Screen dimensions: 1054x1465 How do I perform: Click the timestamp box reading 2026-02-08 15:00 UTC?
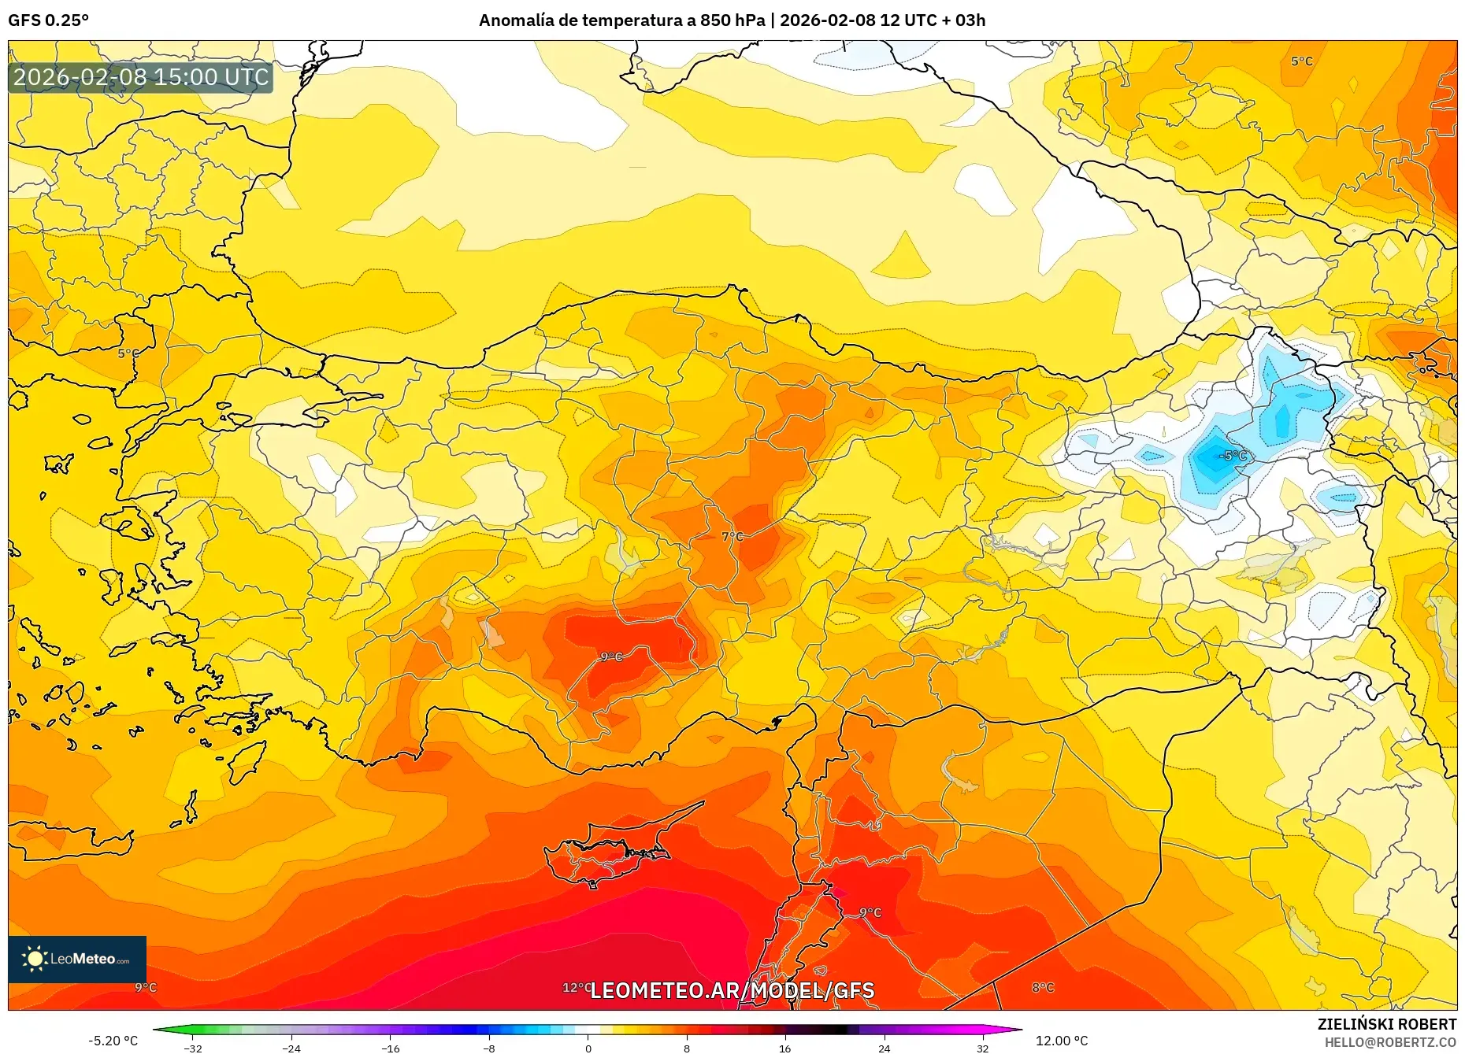point(141,77)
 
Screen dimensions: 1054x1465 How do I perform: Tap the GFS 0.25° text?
point(48,20)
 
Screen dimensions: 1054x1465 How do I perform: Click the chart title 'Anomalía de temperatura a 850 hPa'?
point(621,20)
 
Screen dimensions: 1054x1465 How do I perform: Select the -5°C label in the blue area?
point(1233,456)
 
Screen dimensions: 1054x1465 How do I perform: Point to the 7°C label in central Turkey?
point(732,536)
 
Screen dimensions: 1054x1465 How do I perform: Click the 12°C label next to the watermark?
point(577,987)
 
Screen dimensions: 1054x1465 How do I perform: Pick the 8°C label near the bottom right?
point(1043,987)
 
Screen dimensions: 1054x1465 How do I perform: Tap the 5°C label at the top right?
point(1302,61)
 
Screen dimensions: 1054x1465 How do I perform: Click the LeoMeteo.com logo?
point(77,959)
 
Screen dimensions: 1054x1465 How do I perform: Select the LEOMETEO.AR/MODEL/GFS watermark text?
point(732,990)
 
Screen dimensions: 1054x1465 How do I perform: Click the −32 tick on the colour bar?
point(193,1048)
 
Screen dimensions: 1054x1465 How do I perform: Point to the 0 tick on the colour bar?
point(588,1048)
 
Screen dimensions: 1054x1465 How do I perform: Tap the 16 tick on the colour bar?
point(784,1048)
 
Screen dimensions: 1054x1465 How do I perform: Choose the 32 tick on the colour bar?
point(982,1048)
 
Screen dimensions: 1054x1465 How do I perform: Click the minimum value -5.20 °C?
point(113,1041)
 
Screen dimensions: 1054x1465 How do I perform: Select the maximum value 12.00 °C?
point(1062,1041)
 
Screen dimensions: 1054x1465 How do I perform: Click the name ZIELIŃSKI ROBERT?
point(1386,1024)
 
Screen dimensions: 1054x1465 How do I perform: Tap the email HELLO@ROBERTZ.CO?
point(1390,1042)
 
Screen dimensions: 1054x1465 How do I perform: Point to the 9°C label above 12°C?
point(611,656)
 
